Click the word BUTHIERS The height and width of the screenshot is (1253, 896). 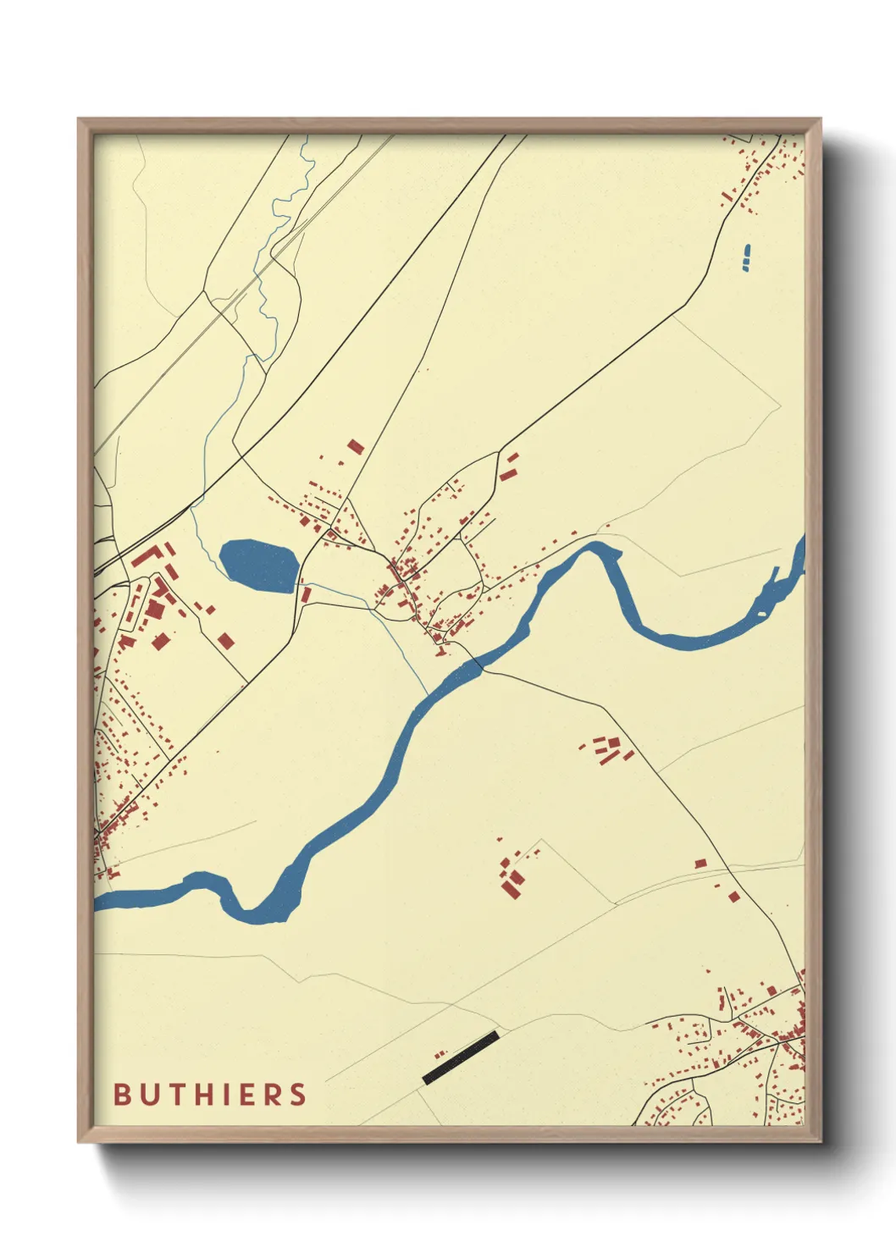[x=210, y=1094]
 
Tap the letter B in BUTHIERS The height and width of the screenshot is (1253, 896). [x=123, y=1094]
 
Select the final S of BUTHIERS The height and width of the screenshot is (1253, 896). [x=298, y=1094]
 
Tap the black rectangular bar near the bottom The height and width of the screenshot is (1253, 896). [x=460, y=1057]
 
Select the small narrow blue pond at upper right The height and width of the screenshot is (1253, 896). [x=746, y=257]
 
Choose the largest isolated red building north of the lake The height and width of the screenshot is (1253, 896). [x=356, y=446]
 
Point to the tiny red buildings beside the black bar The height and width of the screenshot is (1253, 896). [x=440, y=1054]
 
